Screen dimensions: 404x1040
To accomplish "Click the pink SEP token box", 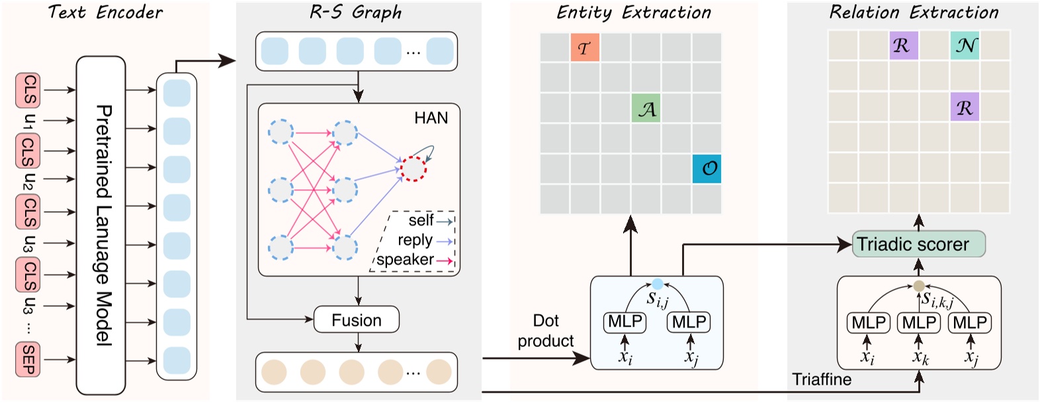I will (x=28, y=359).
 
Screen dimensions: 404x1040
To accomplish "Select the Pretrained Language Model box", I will (x=101, y=225).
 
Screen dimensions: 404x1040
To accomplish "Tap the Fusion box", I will (x=356, y=320).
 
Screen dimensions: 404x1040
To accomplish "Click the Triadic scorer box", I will (x=918, y=244).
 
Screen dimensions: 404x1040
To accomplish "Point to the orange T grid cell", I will (x=585, y=48).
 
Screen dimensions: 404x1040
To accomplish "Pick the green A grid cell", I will (x=646, y=109).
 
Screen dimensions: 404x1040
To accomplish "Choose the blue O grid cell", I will (x=707, y=169).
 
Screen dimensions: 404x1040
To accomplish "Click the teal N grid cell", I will (x=965, y=46).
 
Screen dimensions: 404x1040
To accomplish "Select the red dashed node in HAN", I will (x=414, y=168).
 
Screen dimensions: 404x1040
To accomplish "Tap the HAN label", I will (x=431, y=118).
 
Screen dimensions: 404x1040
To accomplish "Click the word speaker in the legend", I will (x=405, y=260).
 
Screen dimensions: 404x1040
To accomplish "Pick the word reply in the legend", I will (x=415, y=240).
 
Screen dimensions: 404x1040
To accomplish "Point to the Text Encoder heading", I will (x=105, y=12).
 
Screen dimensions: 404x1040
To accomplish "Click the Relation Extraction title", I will (x=914, y=12).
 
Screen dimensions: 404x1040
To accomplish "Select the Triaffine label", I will (x=822, y=379).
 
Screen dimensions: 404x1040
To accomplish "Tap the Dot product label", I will (x=546, y=330).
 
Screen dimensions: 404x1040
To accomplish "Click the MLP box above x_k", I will (x=919, y=323).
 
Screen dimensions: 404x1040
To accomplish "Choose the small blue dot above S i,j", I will (x=657, y=283).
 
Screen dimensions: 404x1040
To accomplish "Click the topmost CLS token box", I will (x=28, y=90).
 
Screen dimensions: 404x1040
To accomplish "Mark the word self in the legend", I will (x=421, y=221).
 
